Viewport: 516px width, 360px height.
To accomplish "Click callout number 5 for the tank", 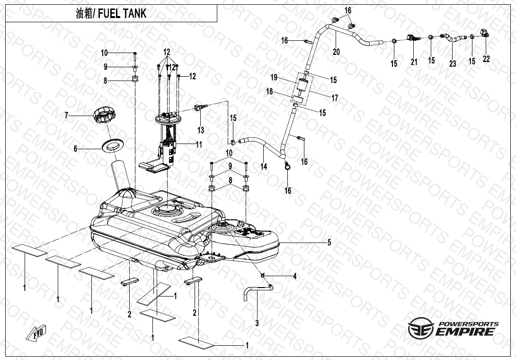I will [329, 243].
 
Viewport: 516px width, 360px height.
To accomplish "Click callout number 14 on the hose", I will [264, 166].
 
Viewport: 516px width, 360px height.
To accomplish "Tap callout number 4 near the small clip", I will [294, 276].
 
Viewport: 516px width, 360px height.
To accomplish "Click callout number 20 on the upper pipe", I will [336, 52].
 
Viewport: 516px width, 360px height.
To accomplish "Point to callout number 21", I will [414, 62].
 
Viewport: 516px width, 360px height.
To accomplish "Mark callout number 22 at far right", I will [486, 59].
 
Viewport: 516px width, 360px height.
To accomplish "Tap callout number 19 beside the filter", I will [274, 78].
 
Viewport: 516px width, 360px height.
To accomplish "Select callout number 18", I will [269, 91].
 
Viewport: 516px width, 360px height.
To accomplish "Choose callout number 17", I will [335, 99].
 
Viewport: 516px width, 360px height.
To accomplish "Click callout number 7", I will [67, 115].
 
